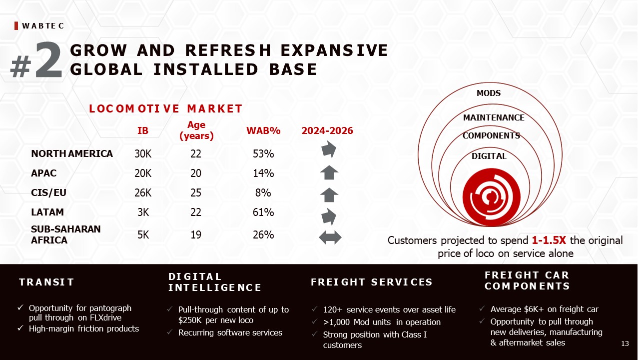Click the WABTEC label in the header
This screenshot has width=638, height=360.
tap(43, 26)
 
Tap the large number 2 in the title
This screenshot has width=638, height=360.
tap(48, 60)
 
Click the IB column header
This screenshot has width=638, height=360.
tap(143, 130)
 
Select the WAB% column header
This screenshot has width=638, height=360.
tap(263, 130)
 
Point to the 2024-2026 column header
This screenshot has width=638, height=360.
tap(327, 130)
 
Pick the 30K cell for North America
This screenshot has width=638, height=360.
tap(143, 154)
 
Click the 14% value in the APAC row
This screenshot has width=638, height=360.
tap(263, 173)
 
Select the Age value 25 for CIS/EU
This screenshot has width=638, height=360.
tap(196, 193)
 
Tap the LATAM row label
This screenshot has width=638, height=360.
tap(47, 212)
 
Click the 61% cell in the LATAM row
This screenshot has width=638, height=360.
tap(263, 212)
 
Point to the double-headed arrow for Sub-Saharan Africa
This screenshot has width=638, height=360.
tap(330, 237)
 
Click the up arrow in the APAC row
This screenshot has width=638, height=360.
tap(329, 172)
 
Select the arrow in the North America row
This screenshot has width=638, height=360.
tap(329, 149)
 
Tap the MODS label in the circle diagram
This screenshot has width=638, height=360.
tap(489, 93)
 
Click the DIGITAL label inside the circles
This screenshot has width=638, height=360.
tap(489, 156)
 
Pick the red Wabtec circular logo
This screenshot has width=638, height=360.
tap(491, 197)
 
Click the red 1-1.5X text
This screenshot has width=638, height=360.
tap(549, 240)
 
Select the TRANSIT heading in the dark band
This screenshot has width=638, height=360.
tap(46, 282)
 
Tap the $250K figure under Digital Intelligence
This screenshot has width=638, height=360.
tap(190, 320)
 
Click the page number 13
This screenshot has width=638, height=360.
tap(625, 344)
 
